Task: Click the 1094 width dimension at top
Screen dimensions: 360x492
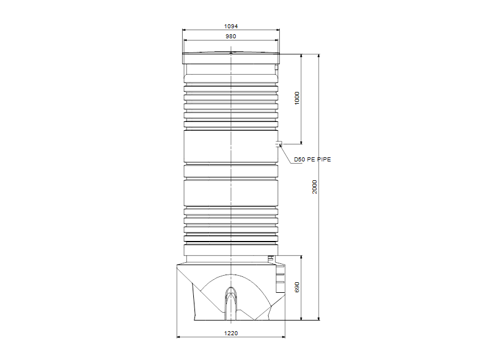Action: pos(231,27)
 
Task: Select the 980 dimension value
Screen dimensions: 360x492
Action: pos(231,37)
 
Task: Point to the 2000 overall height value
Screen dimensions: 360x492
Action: pos(315,187)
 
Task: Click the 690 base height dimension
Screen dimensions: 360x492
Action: pos(298,288)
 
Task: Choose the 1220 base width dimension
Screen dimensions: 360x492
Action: pos(231,333)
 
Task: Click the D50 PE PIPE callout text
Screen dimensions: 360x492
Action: pos(313,160)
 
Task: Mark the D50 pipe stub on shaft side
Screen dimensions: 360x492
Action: pos(280,143)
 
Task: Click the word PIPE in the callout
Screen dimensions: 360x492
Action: pos(323,160)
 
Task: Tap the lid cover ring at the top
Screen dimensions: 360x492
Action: pos(231,58)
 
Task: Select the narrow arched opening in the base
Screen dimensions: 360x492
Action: pos(231,300)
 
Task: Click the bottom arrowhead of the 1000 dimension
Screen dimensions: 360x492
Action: pos(302,142)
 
